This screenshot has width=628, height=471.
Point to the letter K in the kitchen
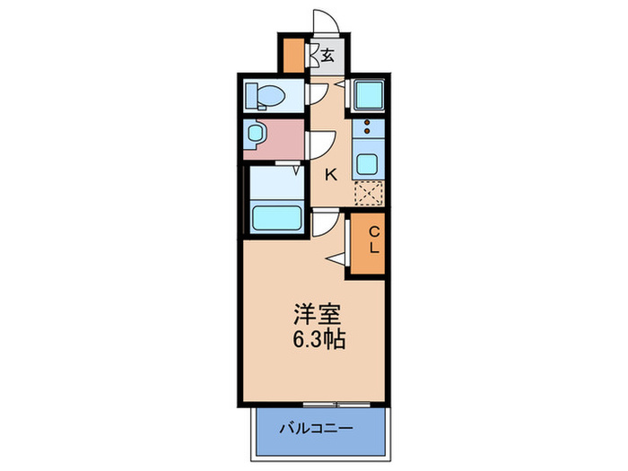330,175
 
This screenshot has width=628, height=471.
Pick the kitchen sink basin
368,164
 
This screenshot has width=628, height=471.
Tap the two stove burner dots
367,126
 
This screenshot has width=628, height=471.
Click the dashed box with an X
368,194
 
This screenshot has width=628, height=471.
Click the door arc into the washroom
321,144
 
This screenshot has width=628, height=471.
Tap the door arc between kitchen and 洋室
325,222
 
